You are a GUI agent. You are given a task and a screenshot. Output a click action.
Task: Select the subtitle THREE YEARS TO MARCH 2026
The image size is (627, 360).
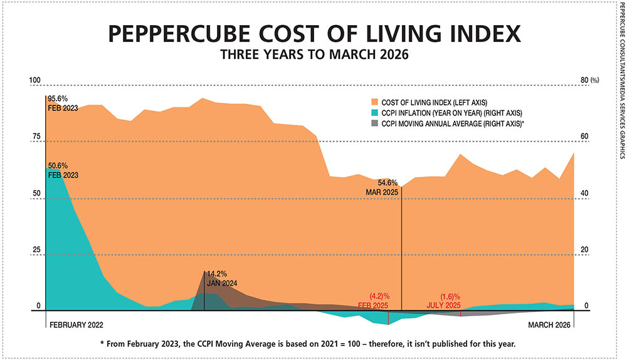(x=313, y=55)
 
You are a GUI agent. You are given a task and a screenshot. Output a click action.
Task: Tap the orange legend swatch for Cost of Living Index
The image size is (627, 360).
(x=374, y=102)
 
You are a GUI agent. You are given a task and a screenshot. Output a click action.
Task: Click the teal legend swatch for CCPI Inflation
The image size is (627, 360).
(x=374, y=113)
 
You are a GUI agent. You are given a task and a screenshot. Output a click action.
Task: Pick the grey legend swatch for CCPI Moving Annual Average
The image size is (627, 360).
(x=374, y=124)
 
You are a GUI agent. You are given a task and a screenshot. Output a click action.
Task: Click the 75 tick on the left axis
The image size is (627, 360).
(x=36, y=137)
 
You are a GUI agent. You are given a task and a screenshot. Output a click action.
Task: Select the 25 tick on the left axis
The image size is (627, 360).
(x=36, y=250)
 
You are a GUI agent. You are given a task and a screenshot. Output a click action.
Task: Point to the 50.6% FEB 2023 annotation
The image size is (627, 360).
(x=63, y=171)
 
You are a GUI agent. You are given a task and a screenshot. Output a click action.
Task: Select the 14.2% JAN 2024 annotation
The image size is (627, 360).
(x=222, y=278)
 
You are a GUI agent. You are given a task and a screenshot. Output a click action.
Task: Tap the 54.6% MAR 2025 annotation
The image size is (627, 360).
(x=383, y=186)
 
